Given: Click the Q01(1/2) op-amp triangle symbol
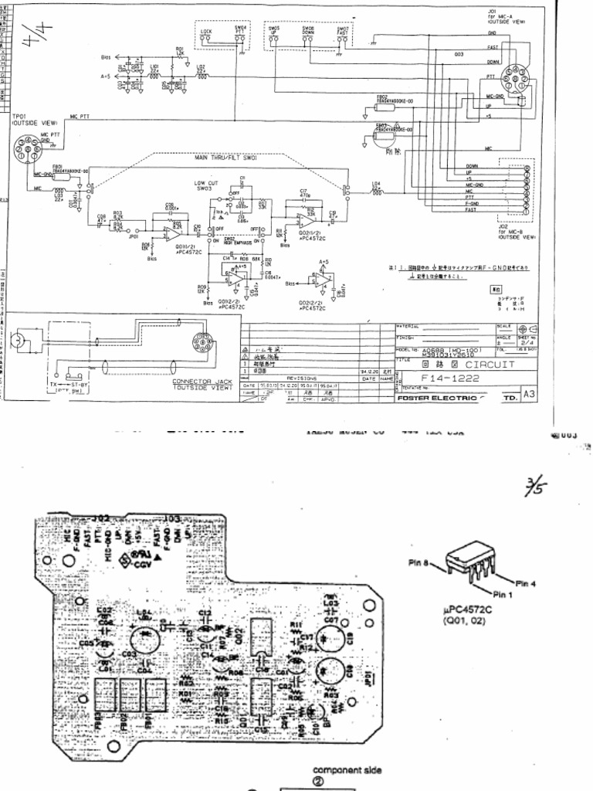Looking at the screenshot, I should (x=173, y=233).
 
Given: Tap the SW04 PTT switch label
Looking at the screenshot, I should (x=241, y=30).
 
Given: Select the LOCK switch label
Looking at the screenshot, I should (x=206, y=32).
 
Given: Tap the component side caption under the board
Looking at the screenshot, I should (x=346, y=770).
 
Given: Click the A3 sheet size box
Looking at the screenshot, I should (x=529, y=393).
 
